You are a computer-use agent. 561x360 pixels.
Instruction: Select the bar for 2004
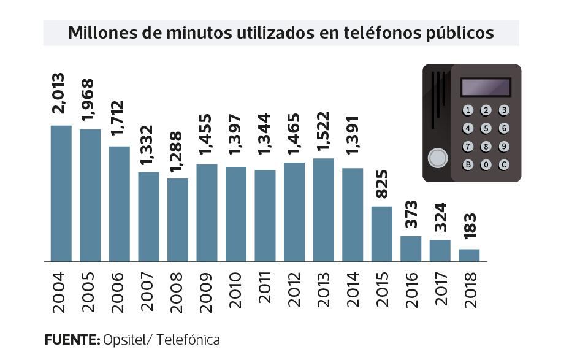pos(61,193)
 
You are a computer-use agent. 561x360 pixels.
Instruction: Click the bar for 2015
pos(381,234)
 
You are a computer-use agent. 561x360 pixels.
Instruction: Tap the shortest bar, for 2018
pos(469,255)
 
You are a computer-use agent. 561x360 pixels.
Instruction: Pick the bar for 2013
pos(323,210)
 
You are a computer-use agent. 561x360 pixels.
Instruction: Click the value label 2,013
pos(59,93)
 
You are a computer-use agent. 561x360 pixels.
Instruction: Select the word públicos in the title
pos(460,33)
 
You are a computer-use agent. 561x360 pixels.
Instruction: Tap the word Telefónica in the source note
pos(188,339)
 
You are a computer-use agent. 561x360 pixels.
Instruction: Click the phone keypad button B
pos(468,164)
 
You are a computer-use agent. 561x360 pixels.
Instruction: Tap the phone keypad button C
pos(504,164)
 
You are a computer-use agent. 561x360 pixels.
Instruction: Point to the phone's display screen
pos(486,87)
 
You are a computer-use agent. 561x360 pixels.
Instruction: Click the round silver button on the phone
pos(437,158)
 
